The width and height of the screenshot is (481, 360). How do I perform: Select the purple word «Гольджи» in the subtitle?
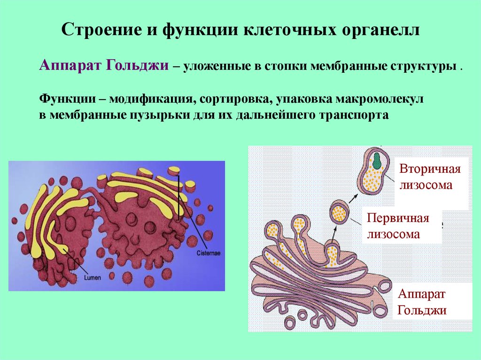click(137, 66)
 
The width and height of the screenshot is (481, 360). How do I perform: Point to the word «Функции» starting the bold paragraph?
click(67, 99)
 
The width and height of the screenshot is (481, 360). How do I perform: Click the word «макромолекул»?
click(380, 100)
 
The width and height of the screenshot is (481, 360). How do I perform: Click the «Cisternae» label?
click(208, 253)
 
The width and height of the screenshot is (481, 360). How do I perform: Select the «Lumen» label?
click(93, 277)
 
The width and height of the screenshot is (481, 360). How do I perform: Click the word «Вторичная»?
click(430, 169)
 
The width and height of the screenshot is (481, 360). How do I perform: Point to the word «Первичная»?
click(398, 218)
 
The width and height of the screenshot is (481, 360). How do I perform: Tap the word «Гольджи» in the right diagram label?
click(422, 310)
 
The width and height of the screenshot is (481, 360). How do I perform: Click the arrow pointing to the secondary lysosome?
click(354, 198)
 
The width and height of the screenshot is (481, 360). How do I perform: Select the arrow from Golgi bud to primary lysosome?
click(334, 234)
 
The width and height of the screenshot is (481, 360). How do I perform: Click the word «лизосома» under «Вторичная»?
click(426, 185)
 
